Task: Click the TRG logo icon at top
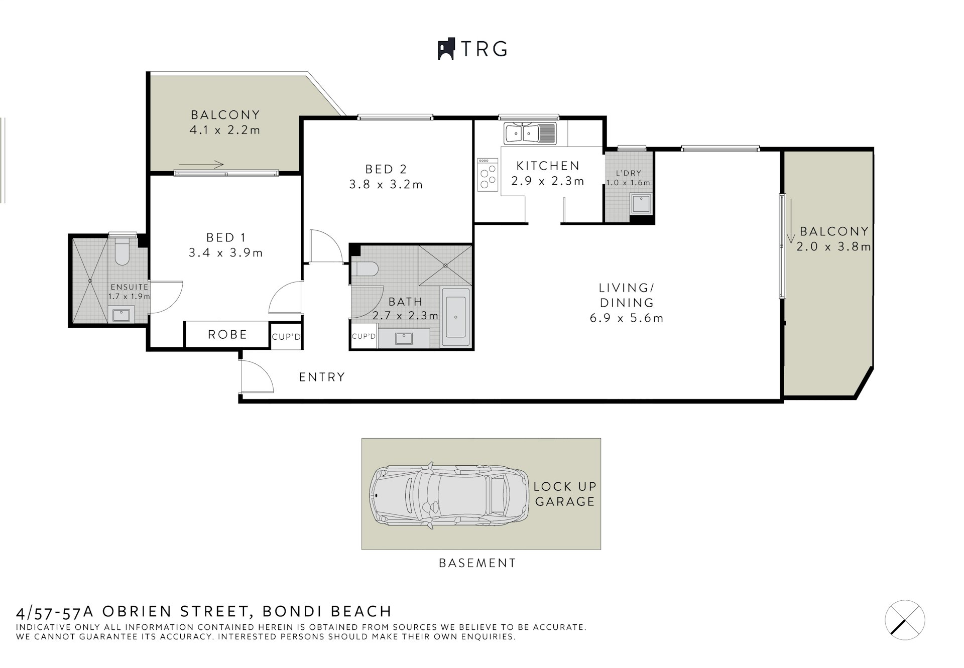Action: click(x=446, y=49)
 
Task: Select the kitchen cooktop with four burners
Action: click(x=487, y=175)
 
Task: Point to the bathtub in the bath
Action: click(x=456, y=317)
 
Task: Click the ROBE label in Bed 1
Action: click(x=227, y=335)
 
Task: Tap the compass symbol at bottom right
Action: click(x=904, y=620)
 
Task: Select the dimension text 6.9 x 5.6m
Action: click(x=627, y=318)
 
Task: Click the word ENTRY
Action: click(x=322, y=377)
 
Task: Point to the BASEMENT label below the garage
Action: click(x=477, y=563)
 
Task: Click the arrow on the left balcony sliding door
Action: click(x=201, y=164)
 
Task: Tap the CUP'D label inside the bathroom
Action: click(x=364, y=336)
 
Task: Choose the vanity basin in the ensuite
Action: click(x=120, y=315)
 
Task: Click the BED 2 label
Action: click(x=386, y=169)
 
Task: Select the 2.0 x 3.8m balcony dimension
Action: click(x=833, y=247)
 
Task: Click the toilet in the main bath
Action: click(x=365, y=270)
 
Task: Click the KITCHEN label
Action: click(x=548, y=166)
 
